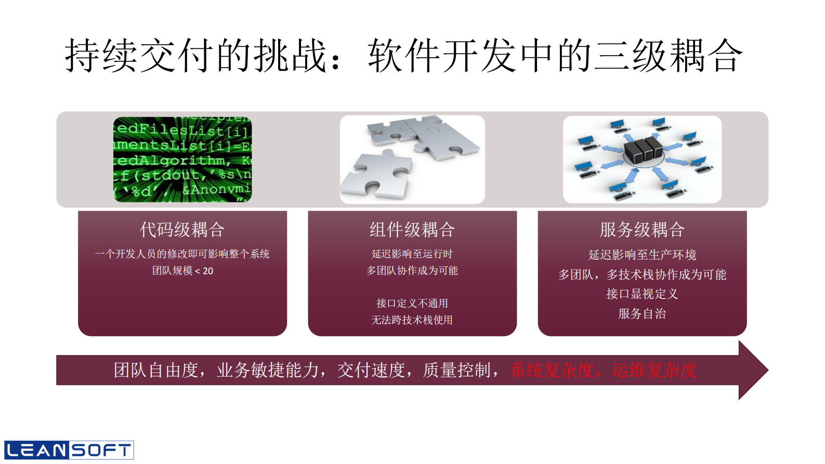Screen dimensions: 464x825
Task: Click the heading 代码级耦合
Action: coord(182,229)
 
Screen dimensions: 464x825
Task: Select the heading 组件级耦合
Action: coord(412,229)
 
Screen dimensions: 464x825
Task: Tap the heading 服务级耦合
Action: coord(642,229)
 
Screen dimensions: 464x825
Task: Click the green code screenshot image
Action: coord(182,159)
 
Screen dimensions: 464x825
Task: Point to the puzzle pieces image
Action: coord(412,159)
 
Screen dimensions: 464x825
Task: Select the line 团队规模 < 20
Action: coord(182,270)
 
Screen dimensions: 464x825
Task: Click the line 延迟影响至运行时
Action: coord(412,254)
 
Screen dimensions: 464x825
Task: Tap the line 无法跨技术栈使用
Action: coord(412,320)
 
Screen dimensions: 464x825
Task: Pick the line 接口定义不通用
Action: coord(412,303)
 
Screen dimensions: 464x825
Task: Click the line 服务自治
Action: coord(642,314)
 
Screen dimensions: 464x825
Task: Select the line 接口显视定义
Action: coord(642,294)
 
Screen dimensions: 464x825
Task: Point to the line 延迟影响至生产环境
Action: coord(642,255)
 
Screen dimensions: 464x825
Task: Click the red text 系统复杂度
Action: coord(553,370)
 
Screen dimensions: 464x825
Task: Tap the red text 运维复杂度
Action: coord(654,370)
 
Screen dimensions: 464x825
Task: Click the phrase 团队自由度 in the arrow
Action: coord(156,370)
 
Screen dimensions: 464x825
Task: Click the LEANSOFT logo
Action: coord(69,450)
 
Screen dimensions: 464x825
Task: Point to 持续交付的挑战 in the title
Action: coord(195,56)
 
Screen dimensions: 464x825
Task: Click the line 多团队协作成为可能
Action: coord(412,270)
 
